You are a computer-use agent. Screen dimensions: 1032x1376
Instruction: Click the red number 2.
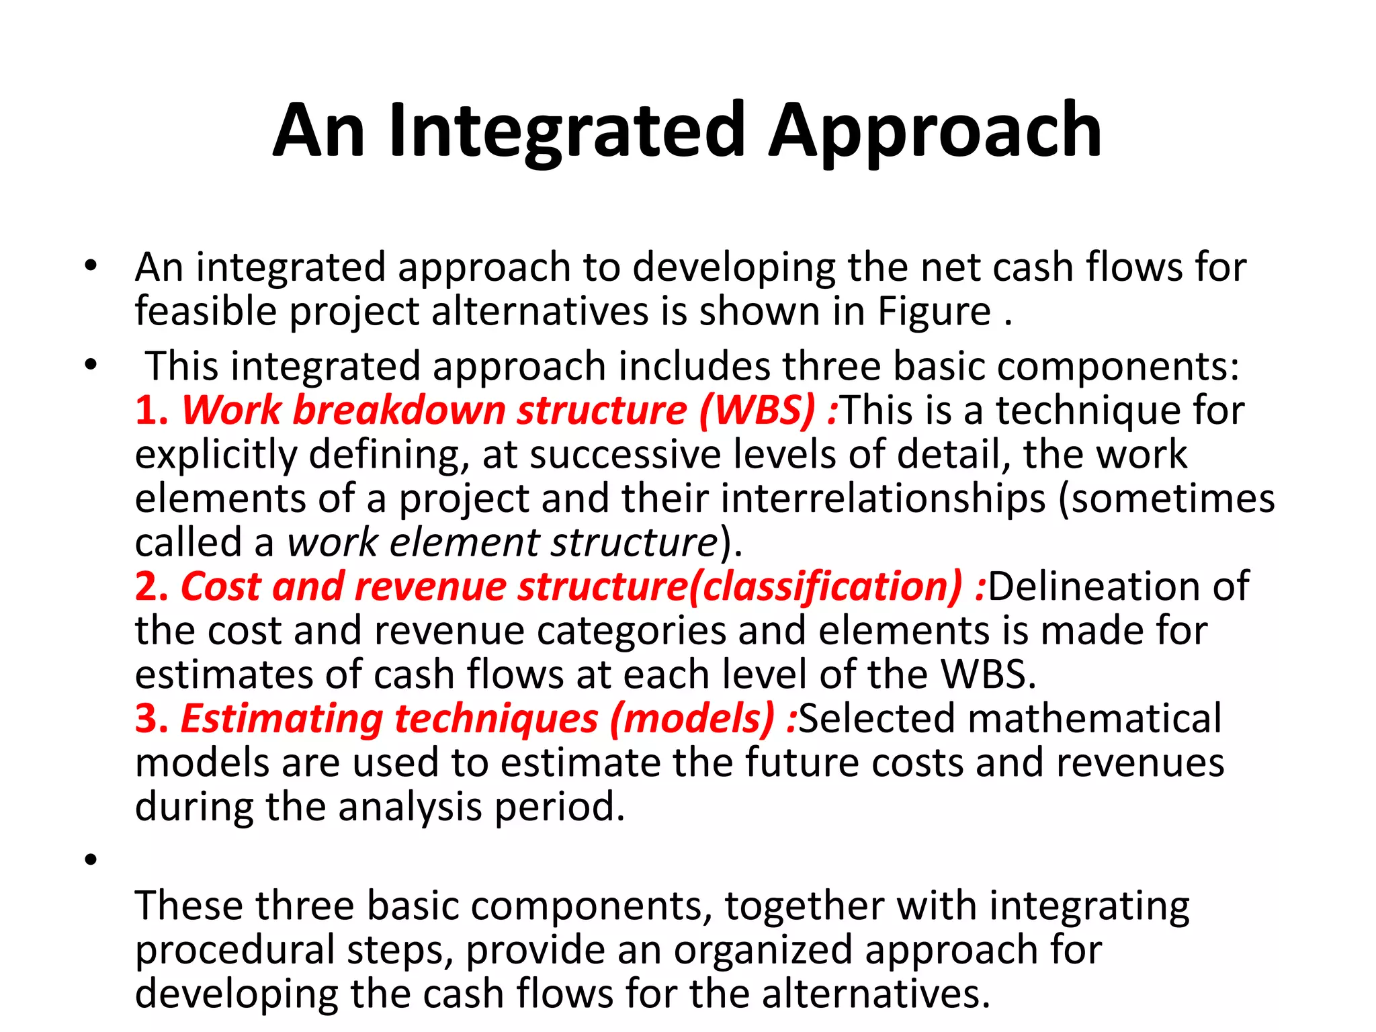(x=150, y=587)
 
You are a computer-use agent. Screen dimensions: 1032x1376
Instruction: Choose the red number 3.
(x=150, y=718)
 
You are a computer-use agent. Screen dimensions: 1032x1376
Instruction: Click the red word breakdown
(x=399, y=410)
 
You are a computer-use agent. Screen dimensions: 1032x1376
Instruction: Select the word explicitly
(x=216, y=455)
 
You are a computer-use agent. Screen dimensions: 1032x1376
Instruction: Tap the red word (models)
(x=692, y=718)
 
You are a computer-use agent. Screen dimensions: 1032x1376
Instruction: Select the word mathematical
(x=1094, y=718)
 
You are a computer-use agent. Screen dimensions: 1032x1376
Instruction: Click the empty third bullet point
(x=91, y=859)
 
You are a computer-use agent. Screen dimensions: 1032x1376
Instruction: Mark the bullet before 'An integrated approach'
(x=91, y=266)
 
